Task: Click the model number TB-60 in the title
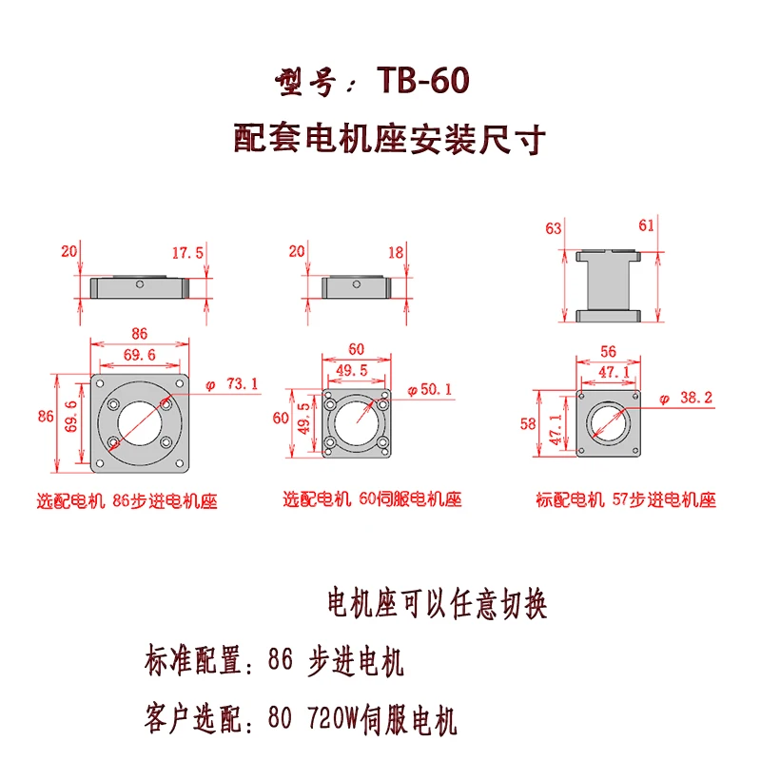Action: (422, 81)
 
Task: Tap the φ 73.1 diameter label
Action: (232, 385)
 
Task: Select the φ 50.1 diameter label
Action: (430, 390)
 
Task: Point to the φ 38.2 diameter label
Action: (685, 399)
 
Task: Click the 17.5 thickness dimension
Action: (187, 253)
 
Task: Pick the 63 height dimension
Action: (554, 228)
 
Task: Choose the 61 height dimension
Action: (647, 225)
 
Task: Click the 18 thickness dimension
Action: (396, 252)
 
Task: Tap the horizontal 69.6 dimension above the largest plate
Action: (139, 355)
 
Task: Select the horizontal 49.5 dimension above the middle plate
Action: (352, 371)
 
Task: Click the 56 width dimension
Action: (608, 351)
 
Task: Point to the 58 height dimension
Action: (528, 423)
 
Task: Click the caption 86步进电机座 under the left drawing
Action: (165, 501)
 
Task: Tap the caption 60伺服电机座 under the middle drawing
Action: (410, 498)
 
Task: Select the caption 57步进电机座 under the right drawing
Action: (664, 499)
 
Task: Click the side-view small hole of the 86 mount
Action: (139, 284)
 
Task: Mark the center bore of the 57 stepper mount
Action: (608, 423)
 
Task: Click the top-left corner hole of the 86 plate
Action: (100, 383)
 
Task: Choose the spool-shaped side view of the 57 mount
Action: (608, 286)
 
